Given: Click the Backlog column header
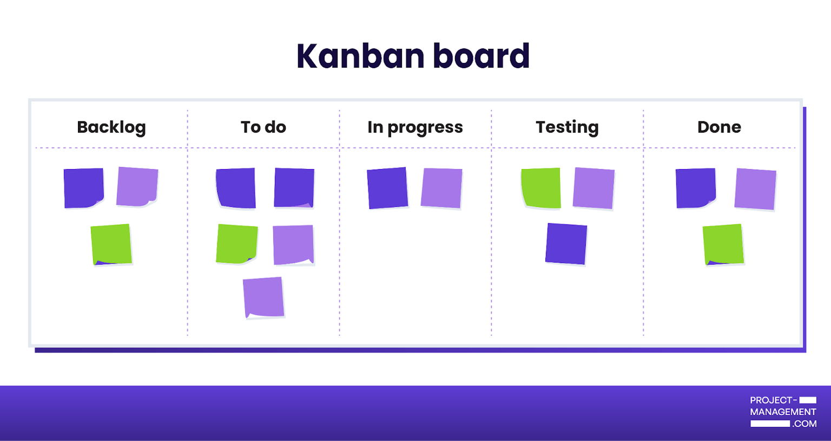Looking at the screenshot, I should (111, 127).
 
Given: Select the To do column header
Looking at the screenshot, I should (263, 127).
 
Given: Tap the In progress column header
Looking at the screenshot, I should (415, 127).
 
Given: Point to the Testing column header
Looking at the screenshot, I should (567, 127).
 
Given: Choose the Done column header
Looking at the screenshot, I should (719, 127).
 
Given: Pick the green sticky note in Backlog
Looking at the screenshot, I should (111, 244).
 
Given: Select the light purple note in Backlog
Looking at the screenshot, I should (137, 187).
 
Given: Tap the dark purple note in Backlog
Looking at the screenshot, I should (83, 188).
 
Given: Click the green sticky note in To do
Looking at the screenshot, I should (237, 244).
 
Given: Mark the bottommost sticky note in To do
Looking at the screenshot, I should (263, 297).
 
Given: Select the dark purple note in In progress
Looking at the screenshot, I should (387, 188).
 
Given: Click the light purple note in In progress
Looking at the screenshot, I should (441, 188).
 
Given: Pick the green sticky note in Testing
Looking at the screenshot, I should (541, 188).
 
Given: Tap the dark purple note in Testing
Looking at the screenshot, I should (566, 244).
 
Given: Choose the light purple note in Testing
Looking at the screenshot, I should (593, 188).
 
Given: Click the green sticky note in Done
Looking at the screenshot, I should (723, 244).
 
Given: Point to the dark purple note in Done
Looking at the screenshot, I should (696, 188).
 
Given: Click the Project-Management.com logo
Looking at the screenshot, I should (783, 412).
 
